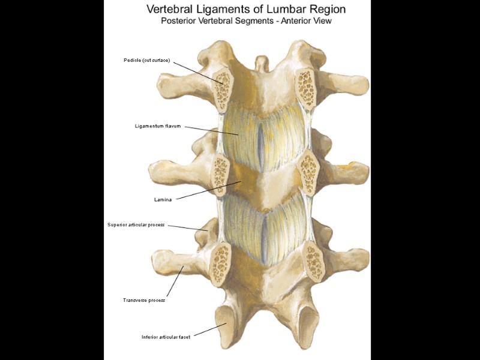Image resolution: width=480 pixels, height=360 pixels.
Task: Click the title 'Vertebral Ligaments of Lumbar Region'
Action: [x=246, y=10]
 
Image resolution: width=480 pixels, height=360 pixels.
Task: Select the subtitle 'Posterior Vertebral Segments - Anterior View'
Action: [x=246, y=20]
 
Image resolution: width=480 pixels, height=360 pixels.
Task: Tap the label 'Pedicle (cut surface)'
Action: [x=147, y=60]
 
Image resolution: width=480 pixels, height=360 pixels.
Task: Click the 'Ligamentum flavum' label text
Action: [x=158, y=126]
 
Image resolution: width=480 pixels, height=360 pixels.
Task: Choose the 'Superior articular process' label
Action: [x=136, y=225]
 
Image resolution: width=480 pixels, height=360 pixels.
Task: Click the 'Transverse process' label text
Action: [x=144, y=300]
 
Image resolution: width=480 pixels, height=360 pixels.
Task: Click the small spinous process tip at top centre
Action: [x=260, y=62]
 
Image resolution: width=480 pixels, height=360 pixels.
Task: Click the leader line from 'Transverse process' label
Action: [x=175, y=281]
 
